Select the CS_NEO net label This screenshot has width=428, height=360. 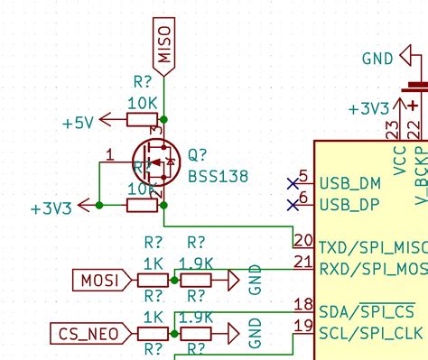coord(88,334)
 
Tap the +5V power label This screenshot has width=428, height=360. coord(79,120)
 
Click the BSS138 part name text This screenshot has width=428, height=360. coord(219,176)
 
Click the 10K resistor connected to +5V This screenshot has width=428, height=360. coord(142,120)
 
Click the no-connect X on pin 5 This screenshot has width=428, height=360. coord(292,182)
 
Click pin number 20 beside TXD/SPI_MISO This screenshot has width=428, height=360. coord(302,240)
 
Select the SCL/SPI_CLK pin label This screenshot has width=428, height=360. coord(371,334)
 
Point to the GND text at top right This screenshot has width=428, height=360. coord(377,59)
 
